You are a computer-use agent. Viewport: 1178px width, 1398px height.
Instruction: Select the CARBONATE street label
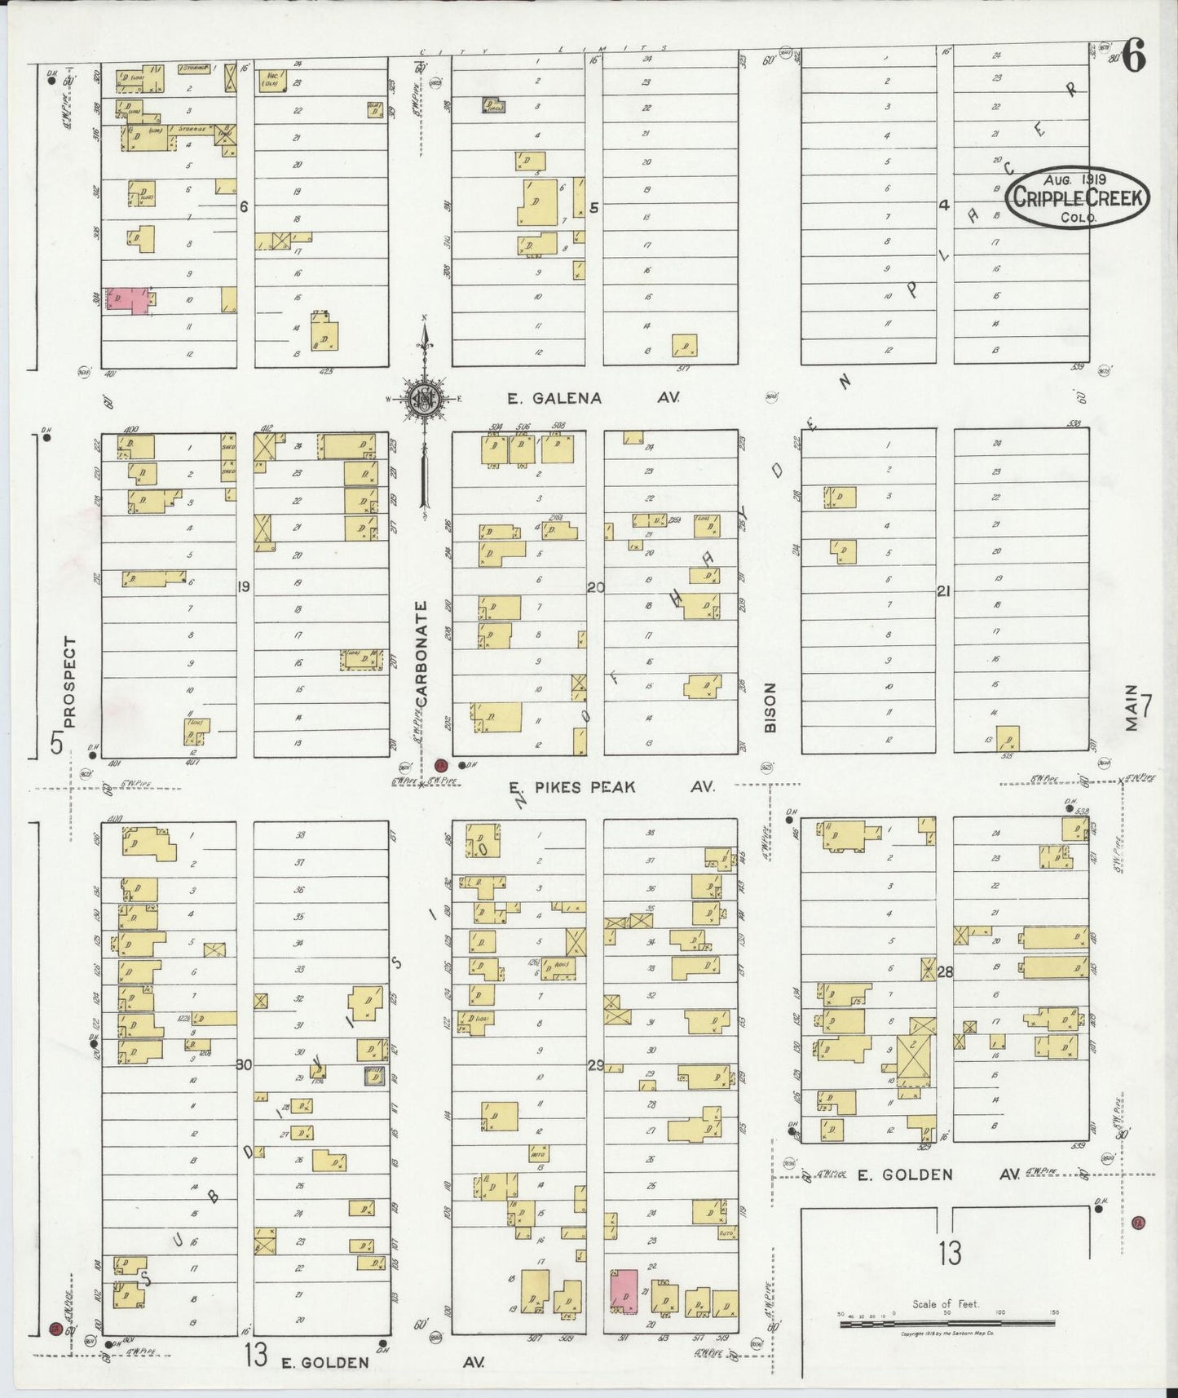(421, 654)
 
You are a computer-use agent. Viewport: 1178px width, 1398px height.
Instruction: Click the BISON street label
(770, 706)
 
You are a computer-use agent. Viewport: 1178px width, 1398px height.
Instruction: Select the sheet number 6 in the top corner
(1136, 59)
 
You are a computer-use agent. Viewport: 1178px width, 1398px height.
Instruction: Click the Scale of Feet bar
(949, 1319)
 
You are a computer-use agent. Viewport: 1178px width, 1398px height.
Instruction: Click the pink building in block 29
(624, 1290)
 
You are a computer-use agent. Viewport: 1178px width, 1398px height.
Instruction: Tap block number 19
(243, 586)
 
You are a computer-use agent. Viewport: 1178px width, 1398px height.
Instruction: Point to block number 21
(943, 591)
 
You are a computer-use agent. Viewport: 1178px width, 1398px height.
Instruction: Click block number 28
(945, 971)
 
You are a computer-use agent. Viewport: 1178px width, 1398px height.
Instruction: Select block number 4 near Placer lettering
(943, 206)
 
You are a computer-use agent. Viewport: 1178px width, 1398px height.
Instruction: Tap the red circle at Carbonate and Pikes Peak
(441, 765)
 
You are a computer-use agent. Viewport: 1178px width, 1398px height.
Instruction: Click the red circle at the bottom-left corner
(55, 1328)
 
